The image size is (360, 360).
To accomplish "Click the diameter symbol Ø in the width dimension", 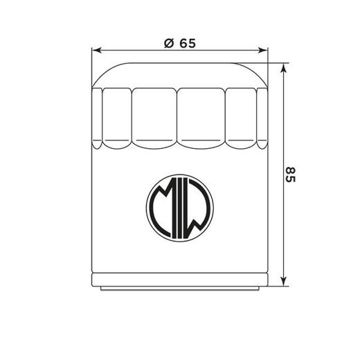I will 168,43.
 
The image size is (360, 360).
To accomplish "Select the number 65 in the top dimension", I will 187,43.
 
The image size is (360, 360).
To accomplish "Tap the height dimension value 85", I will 290,174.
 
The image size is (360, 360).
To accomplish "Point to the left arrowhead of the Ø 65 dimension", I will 96,51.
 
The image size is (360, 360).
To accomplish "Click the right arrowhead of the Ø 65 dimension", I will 264,51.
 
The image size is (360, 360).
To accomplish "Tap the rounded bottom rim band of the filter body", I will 180,280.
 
